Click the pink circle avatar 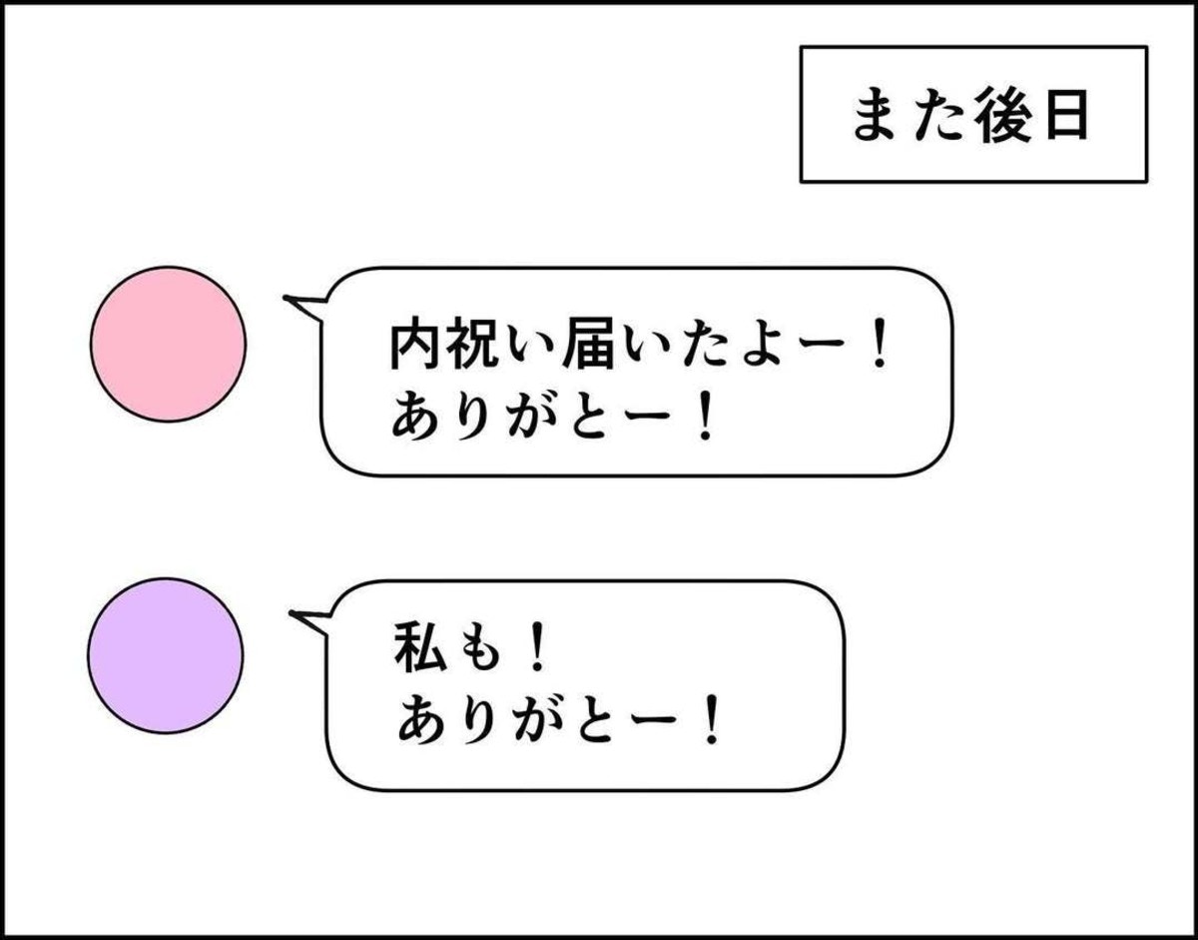[168, 345]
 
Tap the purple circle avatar [166, 656]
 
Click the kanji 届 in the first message [588, 346]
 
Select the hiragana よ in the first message [765, 347]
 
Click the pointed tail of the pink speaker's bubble [285, 299]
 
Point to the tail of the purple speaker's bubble [292, 613]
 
